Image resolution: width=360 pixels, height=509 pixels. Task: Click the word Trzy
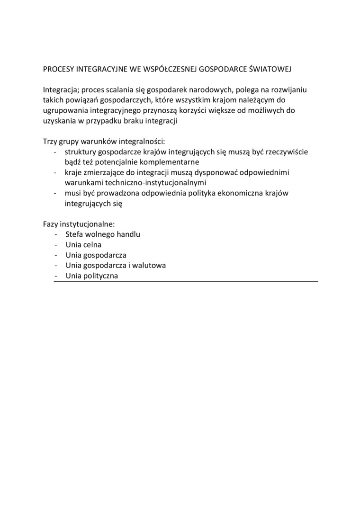pyautogui.click(x=50, y=142)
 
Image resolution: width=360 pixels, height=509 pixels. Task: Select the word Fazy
pyautogui.click(x=51, y=224)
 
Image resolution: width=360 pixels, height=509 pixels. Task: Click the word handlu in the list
pyautogui.click(x=128, y=234)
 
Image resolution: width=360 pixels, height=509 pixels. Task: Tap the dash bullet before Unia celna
pyautogui.click(x=56, y=245)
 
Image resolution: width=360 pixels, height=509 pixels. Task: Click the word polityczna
pyautogui.click(x=100, y=276)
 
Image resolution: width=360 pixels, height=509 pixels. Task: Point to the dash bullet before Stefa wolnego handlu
pyautogui.click(x=56, y=234)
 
